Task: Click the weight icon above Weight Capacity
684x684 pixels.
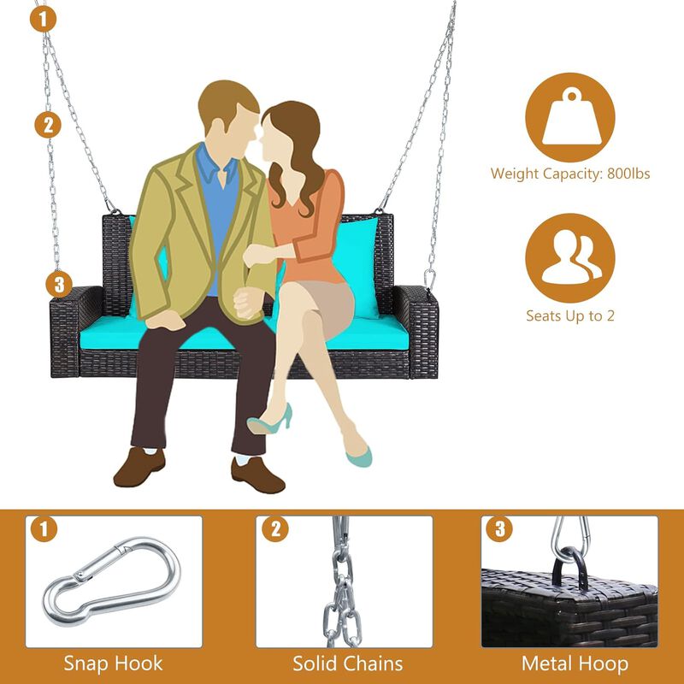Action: click(x=570, y=117)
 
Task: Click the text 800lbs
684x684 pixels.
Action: click(x=628, y=174)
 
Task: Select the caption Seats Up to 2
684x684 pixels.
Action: click(x=570, y=315)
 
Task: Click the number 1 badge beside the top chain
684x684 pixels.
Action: click(x=43, y=19)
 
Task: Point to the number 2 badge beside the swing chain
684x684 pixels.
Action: click(x=48, y=125)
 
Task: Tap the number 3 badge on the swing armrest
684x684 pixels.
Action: click(x=59, y=285)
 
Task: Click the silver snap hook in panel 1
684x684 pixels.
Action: click(x=111, y=581)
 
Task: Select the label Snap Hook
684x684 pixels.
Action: click(x=113, y=663)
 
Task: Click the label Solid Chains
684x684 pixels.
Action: click(x=348, y=663)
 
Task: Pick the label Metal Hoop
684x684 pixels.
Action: click(x=575, y=663)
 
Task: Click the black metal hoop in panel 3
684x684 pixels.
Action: click(x=569, y=567)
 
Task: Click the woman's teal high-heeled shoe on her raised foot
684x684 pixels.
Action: click(x=269, y=420)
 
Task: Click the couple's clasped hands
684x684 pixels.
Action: click(x=245, y=304)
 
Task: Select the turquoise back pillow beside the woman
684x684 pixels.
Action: click(x=357, y=267)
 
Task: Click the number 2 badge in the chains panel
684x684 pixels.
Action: click(x=274, y=529)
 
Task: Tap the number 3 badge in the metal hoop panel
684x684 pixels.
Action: click(x=499, y=529)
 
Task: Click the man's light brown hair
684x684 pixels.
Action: click(x=227, y=103)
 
